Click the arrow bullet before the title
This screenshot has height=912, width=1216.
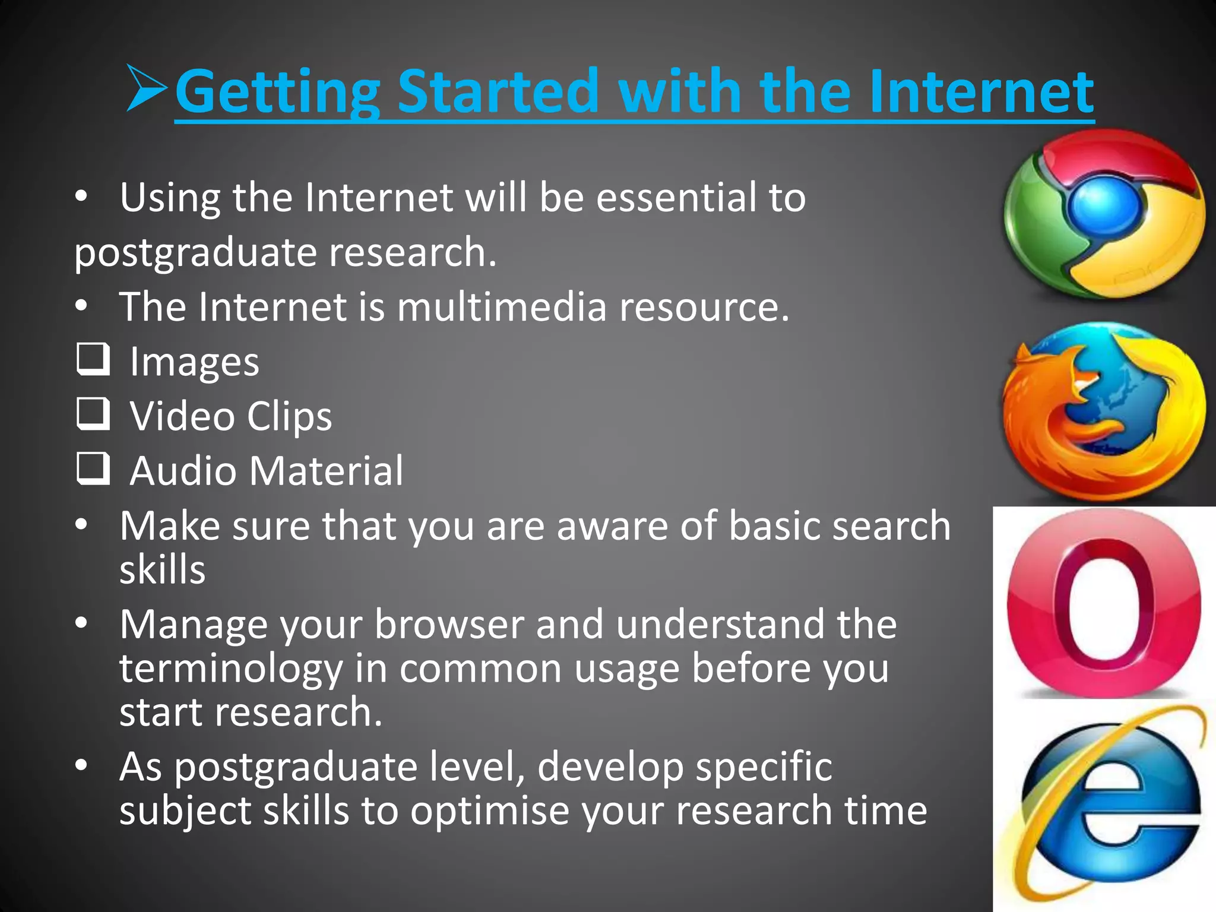click(x=146, y=89)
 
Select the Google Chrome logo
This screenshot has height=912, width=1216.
click(x=1104, y=214)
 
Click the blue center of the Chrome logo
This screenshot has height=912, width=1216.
click(x=1106, y=205)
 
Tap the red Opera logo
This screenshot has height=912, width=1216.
click(x=1104, y=603)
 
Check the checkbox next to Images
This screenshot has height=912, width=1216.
click(x=93, y=359)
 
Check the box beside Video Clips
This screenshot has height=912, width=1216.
click(x=93, y=413)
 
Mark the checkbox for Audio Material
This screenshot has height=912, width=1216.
click(x=93, y=468)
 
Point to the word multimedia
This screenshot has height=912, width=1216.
click(x=502, y=307)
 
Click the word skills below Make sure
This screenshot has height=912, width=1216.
click(x=162, y=569)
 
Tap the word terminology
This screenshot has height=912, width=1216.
click(x=231, y=669)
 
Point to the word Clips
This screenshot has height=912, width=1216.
click(x=289, y=416)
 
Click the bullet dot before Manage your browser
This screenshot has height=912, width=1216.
click(x=81, y=623)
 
